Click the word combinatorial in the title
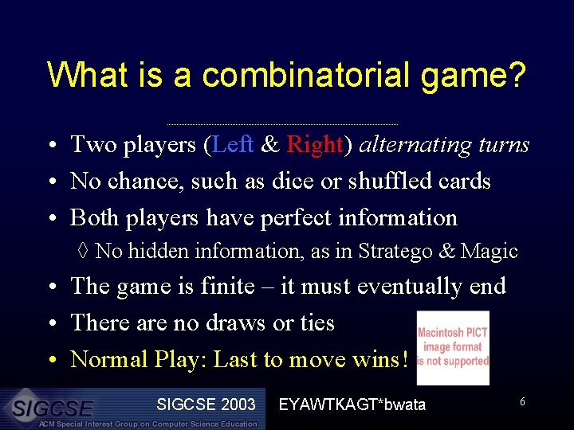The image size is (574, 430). [x=295, y=75]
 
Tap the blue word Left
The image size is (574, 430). [x=234, y=144]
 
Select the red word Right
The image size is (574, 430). [x=314, y=144]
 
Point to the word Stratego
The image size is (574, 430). [x=394, y=251]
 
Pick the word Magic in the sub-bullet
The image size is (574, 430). [x=489, y=251]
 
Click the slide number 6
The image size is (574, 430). [x=522, y=402]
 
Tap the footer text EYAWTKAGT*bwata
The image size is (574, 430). [x=352, y=405]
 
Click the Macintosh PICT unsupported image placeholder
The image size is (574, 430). [x=453, y=348]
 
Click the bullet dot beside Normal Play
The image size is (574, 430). [x=50, y=360]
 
